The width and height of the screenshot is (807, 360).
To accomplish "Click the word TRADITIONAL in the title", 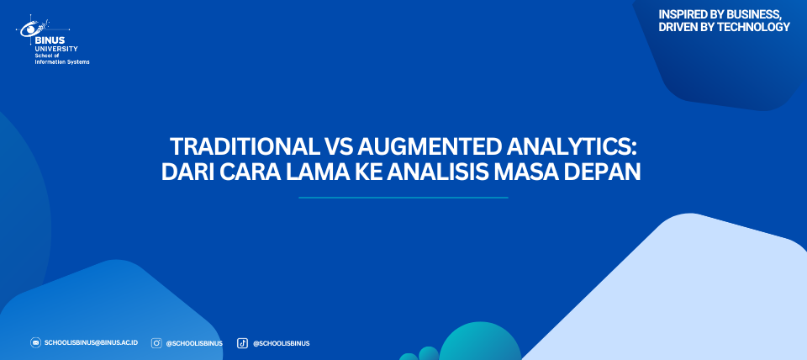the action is click(x=244, y=147).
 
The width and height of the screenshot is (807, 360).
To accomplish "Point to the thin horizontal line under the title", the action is click(x=403, y=198).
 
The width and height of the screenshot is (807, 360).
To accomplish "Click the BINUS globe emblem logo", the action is click(x=34, y=27).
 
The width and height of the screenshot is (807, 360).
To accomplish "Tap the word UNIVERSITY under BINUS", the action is click(x=56, y=49).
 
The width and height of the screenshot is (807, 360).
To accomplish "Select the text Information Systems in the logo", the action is click(x=62, y=61).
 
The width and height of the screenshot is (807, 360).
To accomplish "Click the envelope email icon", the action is click(x=35, y=342).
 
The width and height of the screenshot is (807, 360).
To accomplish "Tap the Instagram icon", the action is click(x=156, y=343).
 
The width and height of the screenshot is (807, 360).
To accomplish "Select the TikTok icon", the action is click(x=242, y=343).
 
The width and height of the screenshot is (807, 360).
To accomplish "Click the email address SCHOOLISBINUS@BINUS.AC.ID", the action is click(x=91, y=342).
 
